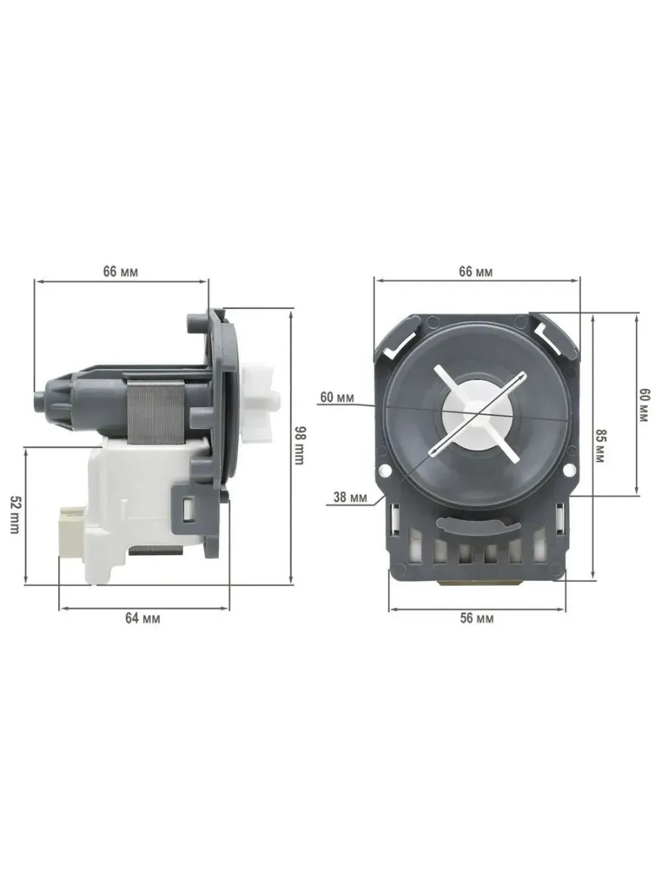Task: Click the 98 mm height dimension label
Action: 299,445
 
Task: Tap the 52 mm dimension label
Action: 14,514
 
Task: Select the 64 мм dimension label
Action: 142,618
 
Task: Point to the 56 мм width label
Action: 477,618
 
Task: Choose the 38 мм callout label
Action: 350,497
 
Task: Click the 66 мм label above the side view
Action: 120,271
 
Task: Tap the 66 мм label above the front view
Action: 476,271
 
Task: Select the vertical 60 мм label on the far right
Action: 643,404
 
